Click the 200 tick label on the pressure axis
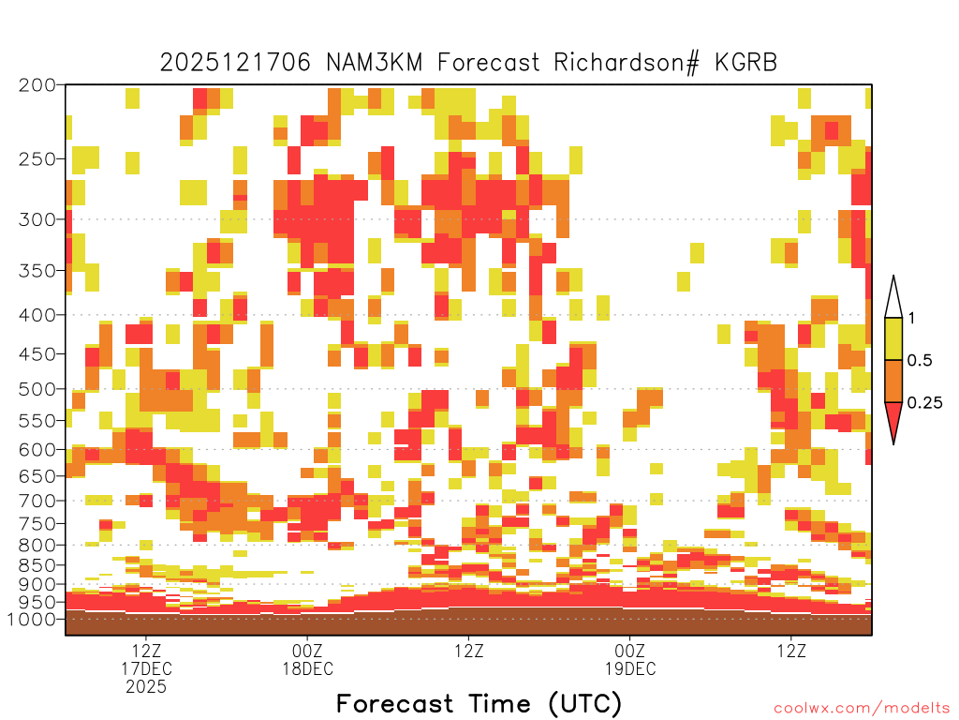pyautogui.click(x=37, y=85)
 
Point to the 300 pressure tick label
pyautogui.click(x=37, y=219)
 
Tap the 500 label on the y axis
pyautogui.click(x=37, y=389)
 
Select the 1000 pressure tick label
pyautogui.click(x=32, y=619)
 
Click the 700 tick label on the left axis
pyautogui.click(x=37, y=501)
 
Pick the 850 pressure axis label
pyautogui.click(x=37, y=565)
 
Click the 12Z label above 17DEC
pyautogui.click(x=146, y=651)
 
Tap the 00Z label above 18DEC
pyautogui.click(x=307, y=651)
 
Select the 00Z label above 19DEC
pyautogui.click(x=630, y=651)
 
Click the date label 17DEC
pyautogui.click(x=146, y=668)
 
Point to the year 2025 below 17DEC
pyautogui.click(x=146, y=687)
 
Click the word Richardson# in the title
pyautogui.click(x=627, y=63)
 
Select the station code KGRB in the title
pyautogui.click(x=746, y=63)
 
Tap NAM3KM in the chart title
pyautogui.click(x=374, y=63)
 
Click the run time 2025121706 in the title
pyautogui.click(x=235, y=63)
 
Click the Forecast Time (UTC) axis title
pyautogui.click(x=479, y=703)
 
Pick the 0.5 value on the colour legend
pyautogui.click(x=920, y=361)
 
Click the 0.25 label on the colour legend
pyautogui.click(x=924, y=403)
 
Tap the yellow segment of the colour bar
pyautogui.click(x=893, y=338)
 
